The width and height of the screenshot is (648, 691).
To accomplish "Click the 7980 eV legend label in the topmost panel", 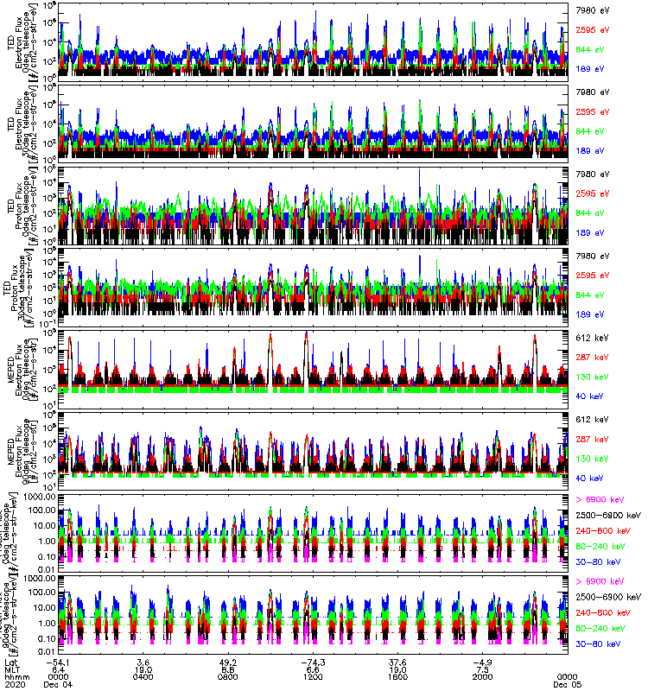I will [592, 9].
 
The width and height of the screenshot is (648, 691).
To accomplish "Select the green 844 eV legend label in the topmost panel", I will [592, 51].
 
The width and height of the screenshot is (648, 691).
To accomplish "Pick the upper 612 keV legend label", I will [592, 338].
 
